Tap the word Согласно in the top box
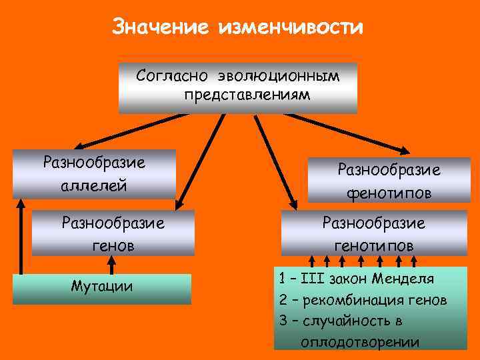click(x=167, y=75)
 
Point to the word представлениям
click(x=247, y=95)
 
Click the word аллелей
click(x=93, y=185)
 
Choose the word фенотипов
click(x=389, y=193)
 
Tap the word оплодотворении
click(x=360, y=343)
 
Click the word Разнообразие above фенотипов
click(x=389, y=171)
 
